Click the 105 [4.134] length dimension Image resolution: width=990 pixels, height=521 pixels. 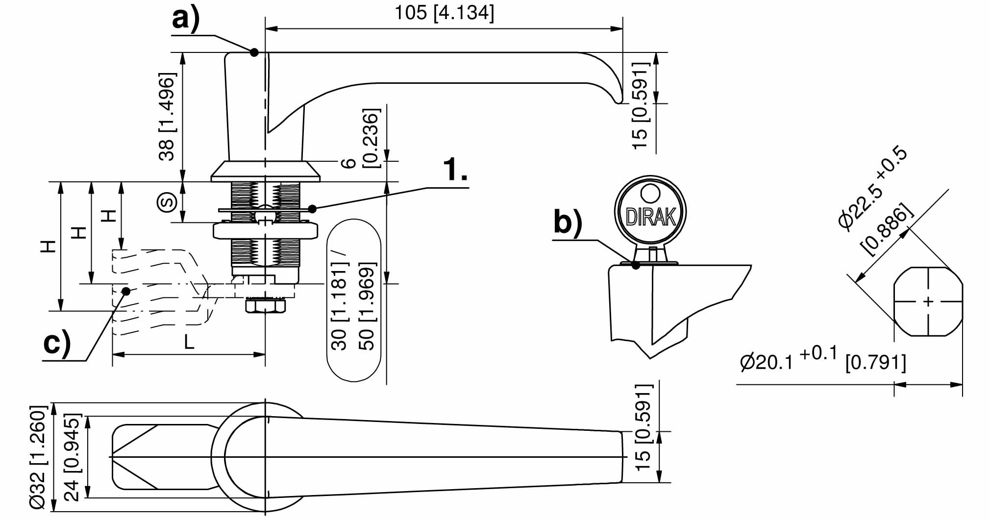coord(445,13)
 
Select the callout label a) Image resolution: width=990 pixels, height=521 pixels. coord(186,20)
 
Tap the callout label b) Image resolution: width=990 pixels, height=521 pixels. coord(568,222)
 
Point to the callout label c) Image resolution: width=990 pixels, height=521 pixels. coord(57,344)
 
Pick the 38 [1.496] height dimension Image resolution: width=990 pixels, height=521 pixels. coord(167,117)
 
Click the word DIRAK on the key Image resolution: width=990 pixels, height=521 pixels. coord(651,217)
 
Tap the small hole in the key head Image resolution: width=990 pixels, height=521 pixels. coord(651,193)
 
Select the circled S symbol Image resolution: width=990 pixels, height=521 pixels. coord(167,202)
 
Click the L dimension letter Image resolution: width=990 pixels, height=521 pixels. coord(189,342)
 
